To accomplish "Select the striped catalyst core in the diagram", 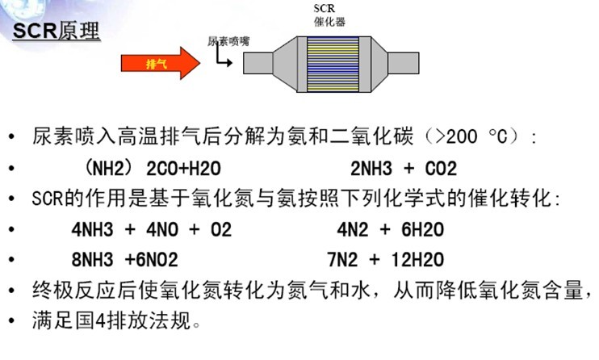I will (x=328, y=63).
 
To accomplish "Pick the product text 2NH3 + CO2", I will (x=404, y=170).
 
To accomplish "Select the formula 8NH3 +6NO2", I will (x=124, y=260).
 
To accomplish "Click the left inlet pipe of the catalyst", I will (x=257, y=63).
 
